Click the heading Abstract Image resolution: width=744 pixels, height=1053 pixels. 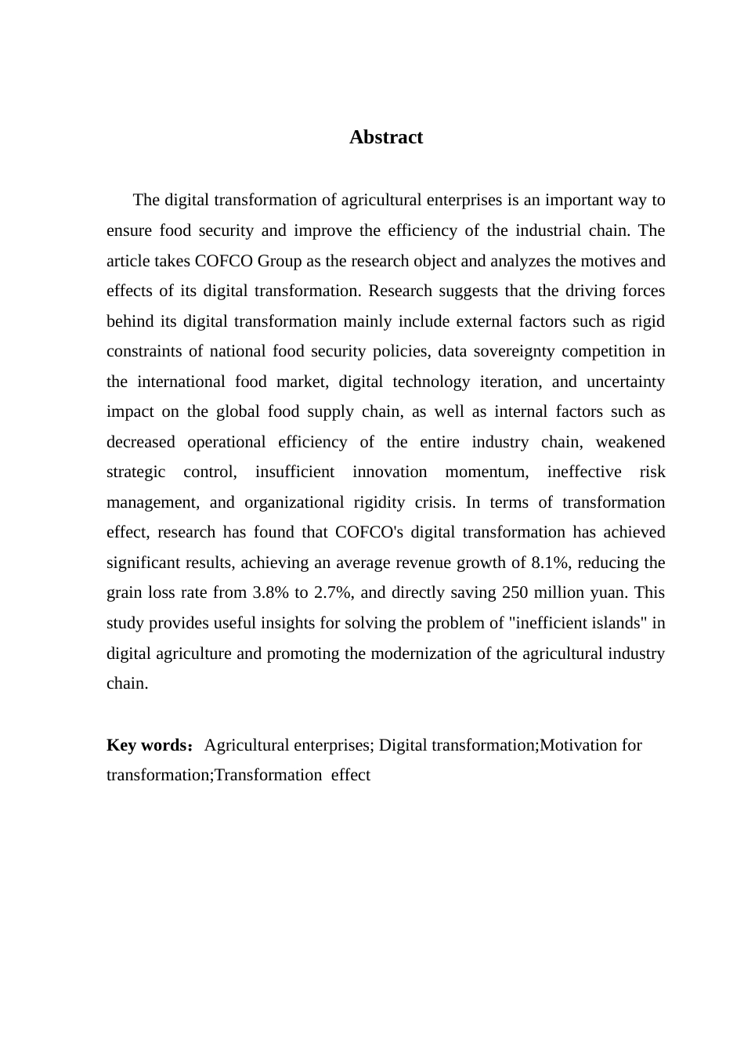[x=386, y=137]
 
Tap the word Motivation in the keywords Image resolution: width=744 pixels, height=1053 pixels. [x=580, y=745]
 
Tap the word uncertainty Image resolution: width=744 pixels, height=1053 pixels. [x=625, y=382]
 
